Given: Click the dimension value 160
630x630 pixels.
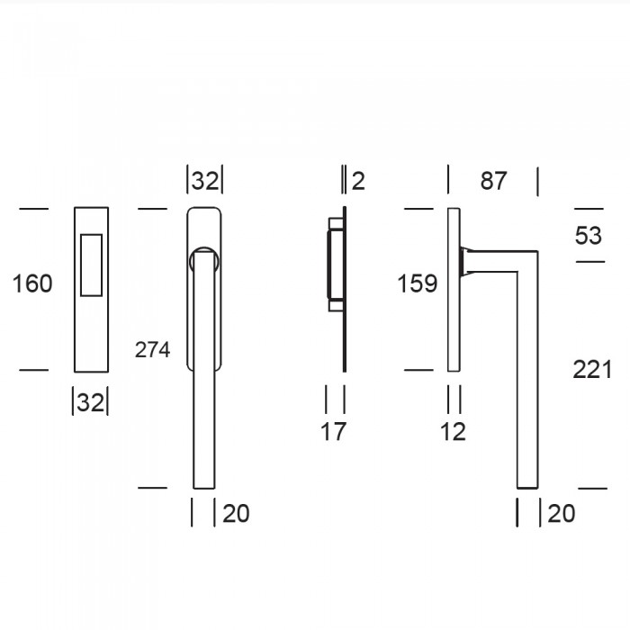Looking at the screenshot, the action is point(32,283).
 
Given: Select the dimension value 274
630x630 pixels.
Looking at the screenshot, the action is point(152,350).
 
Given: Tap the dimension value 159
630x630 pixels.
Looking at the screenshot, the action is point(417,283).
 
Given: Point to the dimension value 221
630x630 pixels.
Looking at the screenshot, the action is point(592,370).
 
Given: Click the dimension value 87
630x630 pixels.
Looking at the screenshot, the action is point(493,181).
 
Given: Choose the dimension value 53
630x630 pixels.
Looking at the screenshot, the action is point(589,236).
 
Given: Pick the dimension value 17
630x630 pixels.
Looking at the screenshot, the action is point(333,432).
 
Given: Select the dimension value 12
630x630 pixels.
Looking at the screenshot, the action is point(453,432).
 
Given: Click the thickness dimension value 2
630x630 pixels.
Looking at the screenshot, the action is point(358,181).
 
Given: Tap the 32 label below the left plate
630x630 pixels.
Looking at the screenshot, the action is point(90,402).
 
